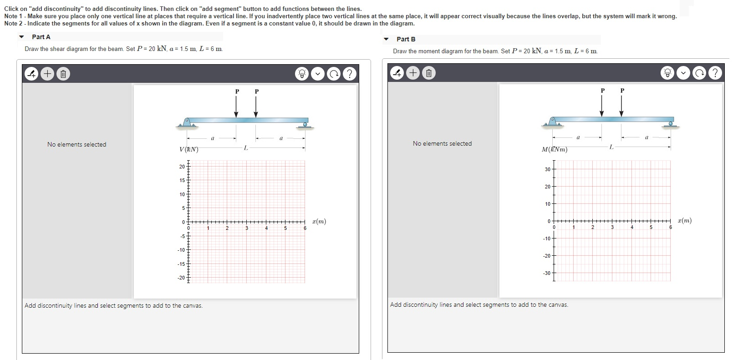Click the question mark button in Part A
(349, 74)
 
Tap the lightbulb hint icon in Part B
(667, 73)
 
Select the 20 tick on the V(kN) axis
(182, 167)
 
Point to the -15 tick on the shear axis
(182, 264)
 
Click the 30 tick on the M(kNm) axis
(547, 169)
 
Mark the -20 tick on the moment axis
(546, 256)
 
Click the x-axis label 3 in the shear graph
(247, 228)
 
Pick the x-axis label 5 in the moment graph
(651, 227)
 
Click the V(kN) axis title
(189, 149)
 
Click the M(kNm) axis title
(555, 149)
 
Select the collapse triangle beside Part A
(21, 37)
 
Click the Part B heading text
(406, 39)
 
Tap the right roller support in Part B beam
(671, 122)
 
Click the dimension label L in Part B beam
(611, 147)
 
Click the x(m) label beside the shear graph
(319, 222)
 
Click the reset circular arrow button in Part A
(334, 74)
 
